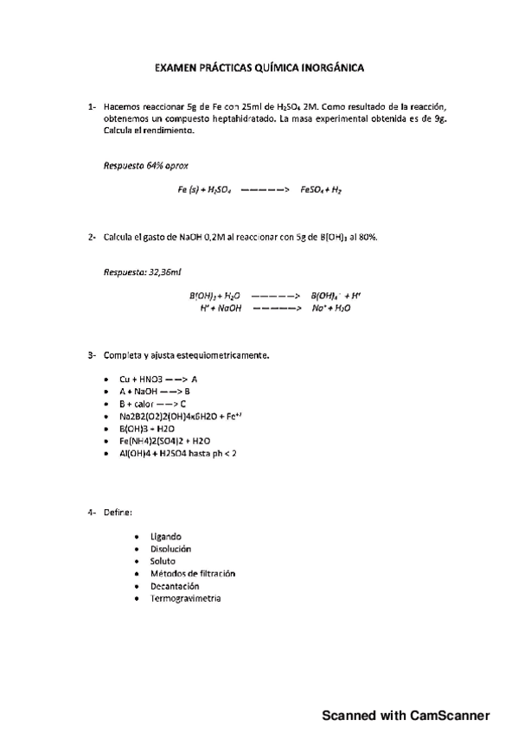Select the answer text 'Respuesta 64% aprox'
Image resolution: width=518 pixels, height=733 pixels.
click(x=146, y=164)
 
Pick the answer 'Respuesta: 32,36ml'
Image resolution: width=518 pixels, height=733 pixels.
click(x=143, y=272)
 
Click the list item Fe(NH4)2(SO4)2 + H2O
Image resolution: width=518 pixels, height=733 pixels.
click(x=165, y=439)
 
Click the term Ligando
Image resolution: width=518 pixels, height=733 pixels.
click(x=165, y=537)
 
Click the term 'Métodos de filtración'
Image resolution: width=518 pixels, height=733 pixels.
click(x=192, y=573)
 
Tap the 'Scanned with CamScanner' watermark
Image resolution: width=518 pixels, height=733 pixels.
click(x=406, y=716)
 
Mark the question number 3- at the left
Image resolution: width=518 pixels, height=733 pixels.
click(x=91, y=354)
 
